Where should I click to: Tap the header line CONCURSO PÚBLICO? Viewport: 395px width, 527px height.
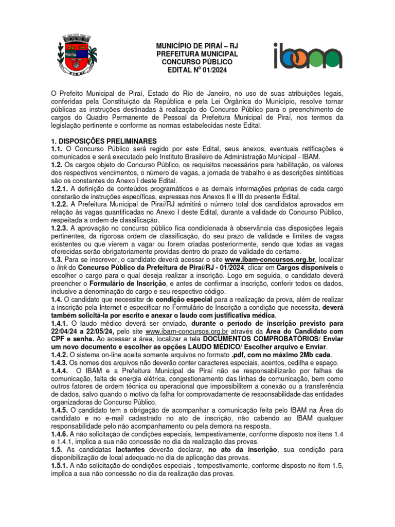point(197,61)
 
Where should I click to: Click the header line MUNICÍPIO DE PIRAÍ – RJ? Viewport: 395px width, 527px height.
point(197,46)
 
